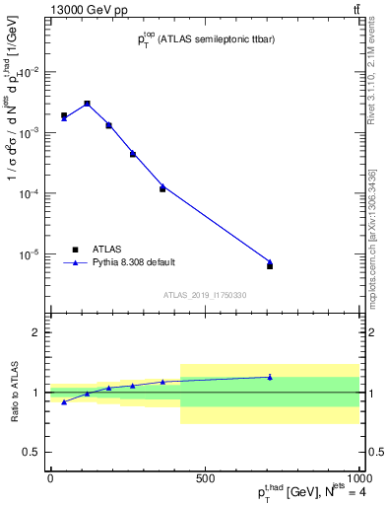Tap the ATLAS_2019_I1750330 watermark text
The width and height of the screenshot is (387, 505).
[x=205, y=295]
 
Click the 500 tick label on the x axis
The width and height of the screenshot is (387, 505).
[x=205, y=478]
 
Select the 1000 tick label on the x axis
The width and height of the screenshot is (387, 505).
[x=357, y=478]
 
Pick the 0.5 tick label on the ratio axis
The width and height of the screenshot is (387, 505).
[x=32, y=452]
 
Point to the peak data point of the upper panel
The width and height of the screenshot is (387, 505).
[x=87, y=104]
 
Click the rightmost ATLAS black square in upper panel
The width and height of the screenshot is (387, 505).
[x=270, y=266]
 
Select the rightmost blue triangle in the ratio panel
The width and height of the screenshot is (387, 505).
[x=270, y=377]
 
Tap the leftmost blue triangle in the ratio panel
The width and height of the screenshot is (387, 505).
[x=64, y=401]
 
